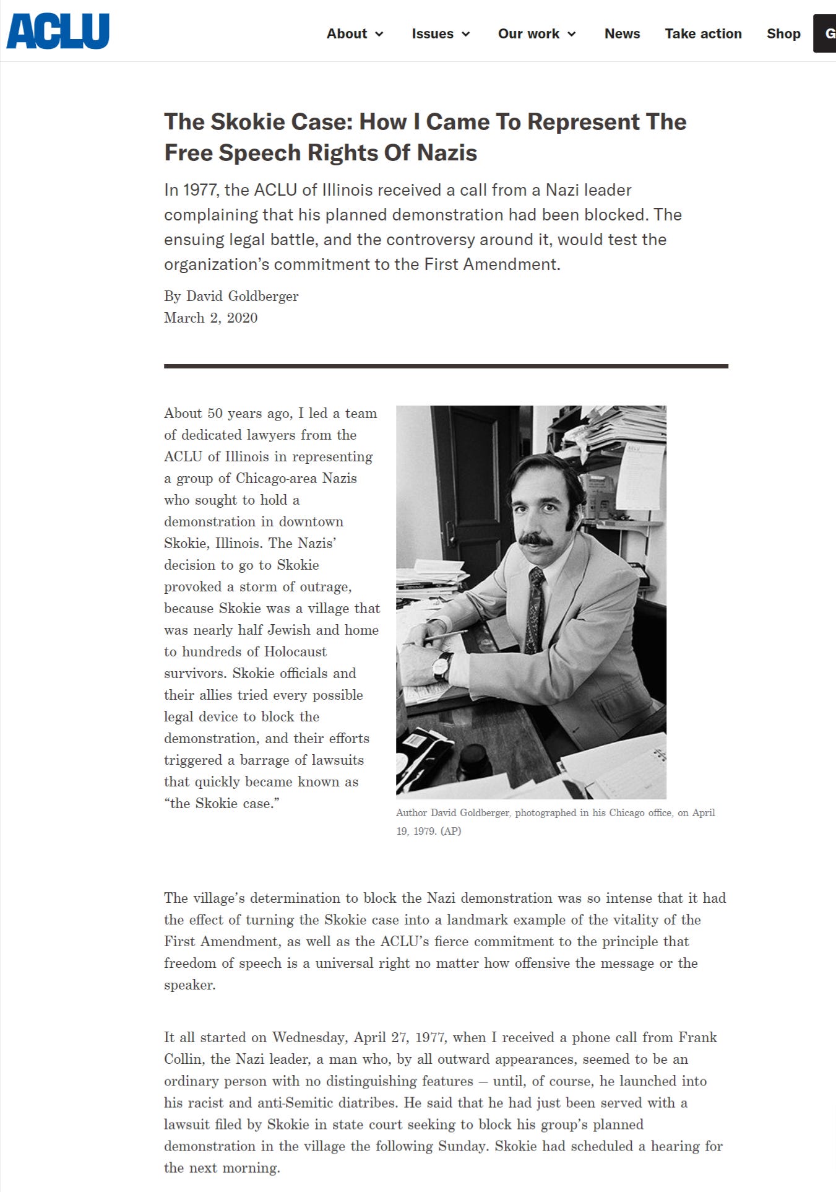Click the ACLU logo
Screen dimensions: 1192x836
pos(58,31)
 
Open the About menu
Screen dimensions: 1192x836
pos(355,34)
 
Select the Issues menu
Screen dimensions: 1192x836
pos(441,34)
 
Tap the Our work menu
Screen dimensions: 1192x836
pos(537,34)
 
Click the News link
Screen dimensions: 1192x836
pos(622,34)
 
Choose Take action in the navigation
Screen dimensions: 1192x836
pos(703,34)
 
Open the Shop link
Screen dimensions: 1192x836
pos(783,34)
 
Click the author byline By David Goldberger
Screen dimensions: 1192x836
pos(231,296)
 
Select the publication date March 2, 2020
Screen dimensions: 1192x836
pos(210,318)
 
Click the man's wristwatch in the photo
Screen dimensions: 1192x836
pos(442,666)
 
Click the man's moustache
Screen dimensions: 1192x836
pos(535,540)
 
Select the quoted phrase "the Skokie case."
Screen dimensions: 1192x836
pos(222,803)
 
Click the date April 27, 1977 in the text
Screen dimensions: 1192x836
pos(403,1037)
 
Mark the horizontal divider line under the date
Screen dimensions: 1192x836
pos(446,366)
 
